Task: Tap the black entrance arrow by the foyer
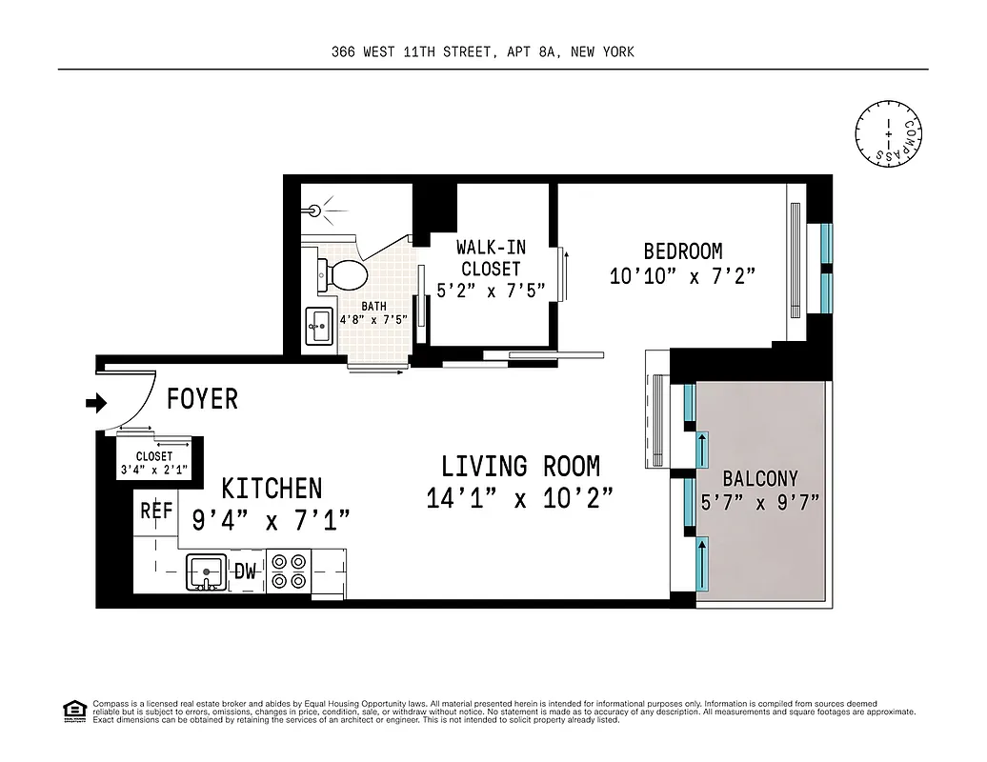(96, 403)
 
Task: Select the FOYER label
(202, 399)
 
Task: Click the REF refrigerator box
(156, 511)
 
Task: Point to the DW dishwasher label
(246, 572)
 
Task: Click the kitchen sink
(205, 571)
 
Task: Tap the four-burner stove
(289, 571)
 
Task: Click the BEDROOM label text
(683, 251)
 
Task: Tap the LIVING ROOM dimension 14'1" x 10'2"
(519, 498)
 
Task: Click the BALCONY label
(759, 478)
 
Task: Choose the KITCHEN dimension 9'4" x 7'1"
(272, 520)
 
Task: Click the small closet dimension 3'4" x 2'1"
(154, 470)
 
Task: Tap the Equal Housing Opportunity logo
(73, 710)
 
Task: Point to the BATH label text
(373, 307)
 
